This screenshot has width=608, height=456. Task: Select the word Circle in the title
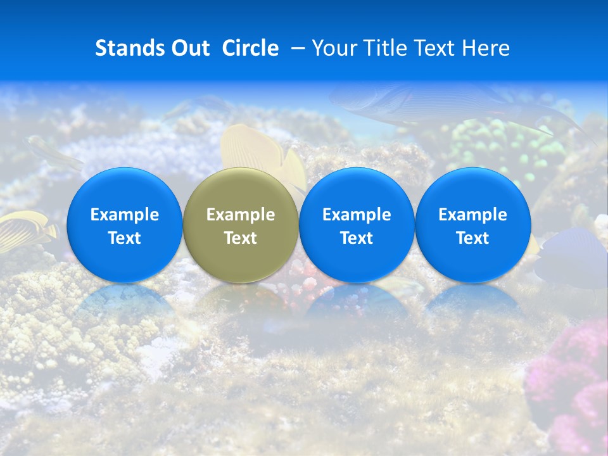250,48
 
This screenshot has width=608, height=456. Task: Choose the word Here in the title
486,48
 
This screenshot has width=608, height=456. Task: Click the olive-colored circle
241,225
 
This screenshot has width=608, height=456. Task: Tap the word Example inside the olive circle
241,215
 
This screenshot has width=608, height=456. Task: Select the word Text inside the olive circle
241,238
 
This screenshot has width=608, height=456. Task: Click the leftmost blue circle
125,225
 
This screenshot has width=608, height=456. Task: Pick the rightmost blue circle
473,225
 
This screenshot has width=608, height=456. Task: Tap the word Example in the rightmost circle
473,215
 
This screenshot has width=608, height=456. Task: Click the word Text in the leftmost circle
125,238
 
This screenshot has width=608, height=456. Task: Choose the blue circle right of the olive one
357,225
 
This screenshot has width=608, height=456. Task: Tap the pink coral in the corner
573,380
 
